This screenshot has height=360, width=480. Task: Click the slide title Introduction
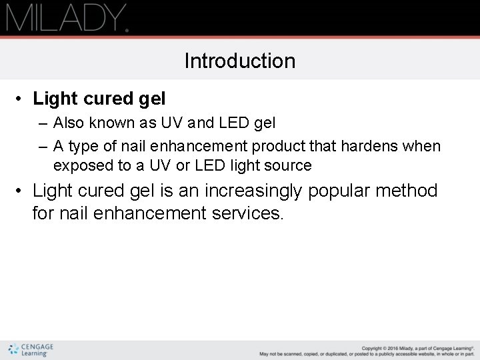(240, 61)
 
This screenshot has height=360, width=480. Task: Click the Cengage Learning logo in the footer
(31, 349)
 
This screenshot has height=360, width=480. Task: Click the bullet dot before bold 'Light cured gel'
(21, 99)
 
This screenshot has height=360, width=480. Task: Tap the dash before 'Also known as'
(43, 123)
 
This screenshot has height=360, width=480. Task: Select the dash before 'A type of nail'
(43, 146)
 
